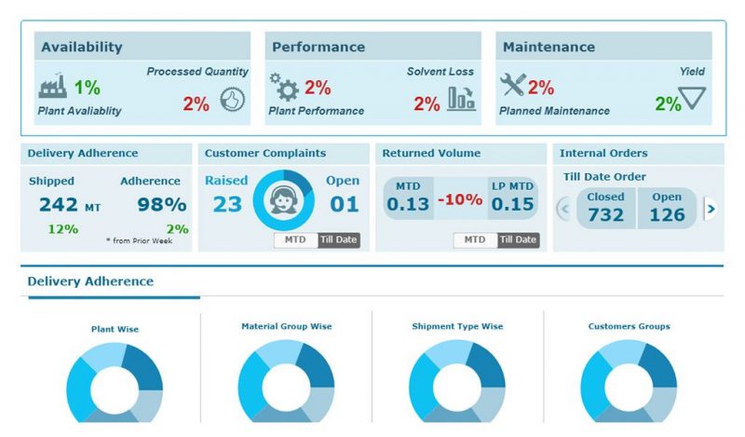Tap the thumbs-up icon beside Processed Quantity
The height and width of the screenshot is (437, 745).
pos(231,101)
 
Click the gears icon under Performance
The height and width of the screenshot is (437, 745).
pos(283,88)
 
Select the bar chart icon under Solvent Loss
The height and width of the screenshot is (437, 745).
pos(461,99)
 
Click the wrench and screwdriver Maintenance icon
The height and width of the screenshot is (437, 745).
pos(512,87)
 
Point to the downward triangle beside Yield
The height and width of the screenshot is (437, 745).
pos(693,98)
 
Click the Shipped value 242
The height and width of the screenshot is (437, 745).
pos(59,205)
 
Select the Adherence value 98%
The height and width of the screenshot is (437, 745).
pos(162,205)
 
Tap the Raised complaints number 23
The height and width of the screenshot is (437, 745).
pos(226,204)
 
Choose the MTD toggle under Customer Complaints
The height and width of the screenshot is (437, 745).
pos(295,240)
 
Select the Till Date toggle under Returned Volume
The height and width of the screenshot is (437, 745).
pos(518,240)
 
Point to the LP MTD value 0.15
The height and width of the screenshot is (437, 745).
pos(513,205)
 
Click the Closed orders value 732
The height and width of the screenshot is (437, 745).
pos(605,215)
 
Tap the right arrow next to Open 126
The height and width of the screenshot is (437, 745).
pos(711,209)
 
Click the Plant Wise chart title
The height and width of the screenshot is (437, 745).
pos(115,329)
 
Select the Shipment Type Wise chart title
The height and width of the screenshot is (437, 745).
pos(456,327)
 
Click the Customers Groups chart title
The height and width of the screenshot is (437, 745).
pos(629,327)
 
